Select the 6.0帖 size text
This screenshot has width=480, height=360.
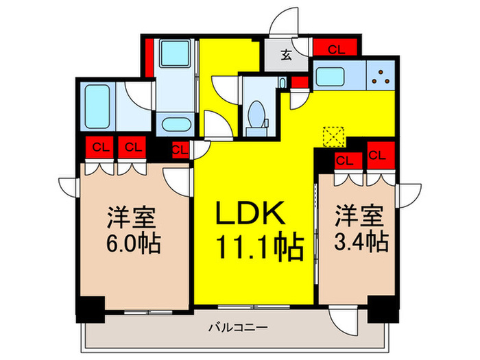click(x=133, y=243)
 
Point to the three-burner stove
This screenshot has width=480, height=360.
click(x=381, y=75)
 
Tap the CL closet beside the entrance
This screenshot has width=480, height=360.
click(x=336, y=49)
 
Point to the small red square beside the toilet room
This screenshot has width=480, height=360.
click(x=300, y=82)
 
